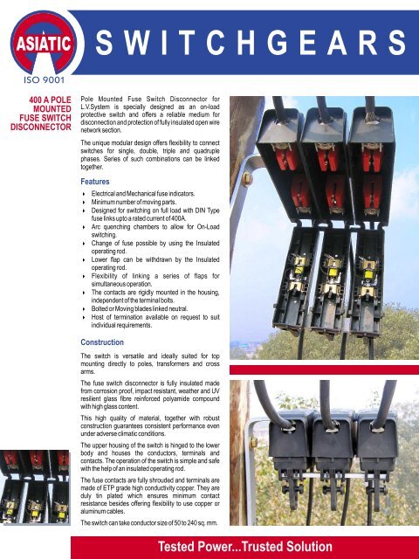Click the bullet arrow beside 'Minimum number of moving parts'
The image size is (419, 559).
[83, 203]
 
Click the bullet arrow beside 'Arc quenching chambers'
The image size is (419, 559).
[83, 227]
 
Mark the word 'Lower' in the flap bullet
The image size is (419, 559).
[103, 259]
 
